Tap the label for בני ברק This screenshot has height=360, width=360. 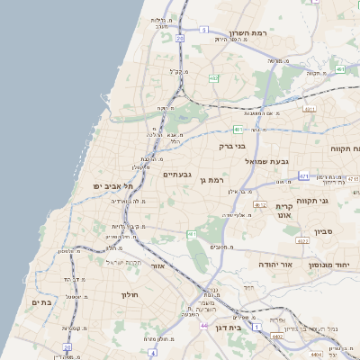[x=232, y=145]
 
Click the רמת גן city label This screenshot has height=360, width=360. [x=212, y=180]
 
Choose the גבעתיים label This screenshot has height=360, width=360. [x=175, y=174]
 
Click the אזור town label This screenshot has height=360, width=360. [x=158, y=266]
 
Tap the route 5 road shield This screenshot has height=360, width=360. [x=204, y=30]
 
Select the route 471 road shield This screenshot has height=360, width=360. [x=304, y=176]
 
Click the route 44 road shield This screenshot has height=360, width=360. [x=205, y=325]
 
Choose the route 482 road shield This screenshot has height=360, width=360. [x=213, y=79]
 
